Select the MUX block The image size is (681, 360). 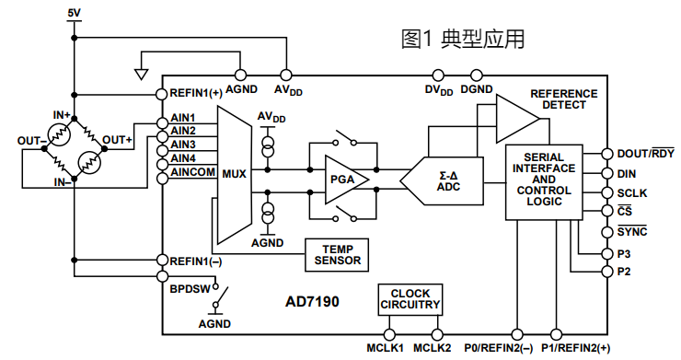(x=234, y=172)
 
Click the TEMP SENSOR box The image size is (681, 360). (x=338, y=254)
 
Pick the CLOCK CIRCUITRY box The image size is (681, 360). (x=410, y=299)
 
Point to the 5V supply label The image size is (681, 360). (x=75, y=12)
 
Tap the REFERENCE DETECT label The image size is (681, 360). (x=563, y=99)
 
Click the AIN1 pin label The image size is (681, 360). (x=182, y=118)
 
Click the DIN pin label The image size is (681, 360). (x=627, y=173)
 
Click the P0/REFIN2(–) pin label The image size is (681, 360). (x=499, y=348)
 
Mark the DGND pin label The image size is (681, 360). (x=477, y=89)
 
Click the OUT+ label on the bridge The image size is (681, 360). (x=117, y=140)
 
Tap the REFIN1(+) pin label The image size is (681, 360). (x=196, y=93)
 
